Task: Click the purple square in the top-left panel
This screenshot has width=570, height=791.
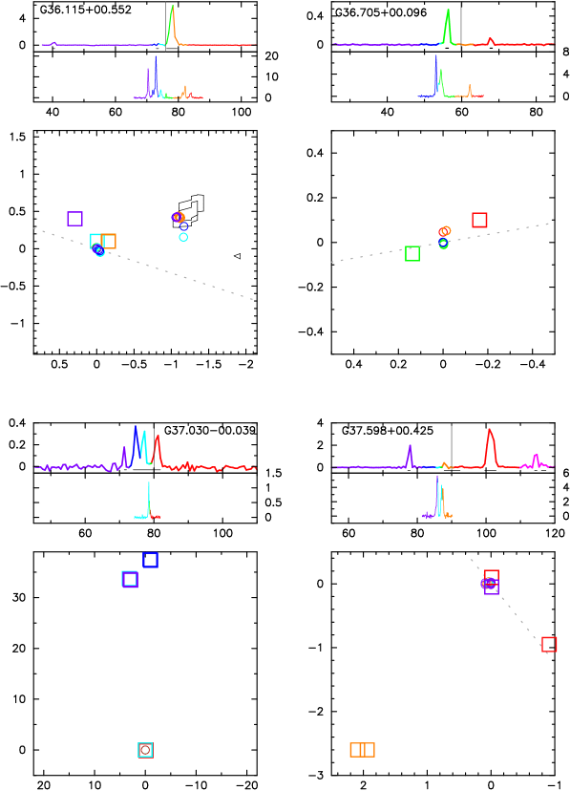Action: click(x=74, y=219)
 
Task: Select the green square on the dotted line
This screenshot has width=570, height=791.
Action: click(x=412, y=253)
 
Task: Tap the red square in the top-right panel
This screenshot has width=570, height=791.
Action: click(x=479, y=220)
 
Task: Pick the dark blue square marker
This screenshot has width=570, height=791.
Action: click(x=150, y=560)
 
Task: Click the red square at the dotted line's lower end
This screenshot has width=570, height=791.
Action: click(x=549, y=645)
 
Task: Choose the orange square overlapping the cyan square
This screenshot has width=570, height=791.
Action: click(x=108, y=242)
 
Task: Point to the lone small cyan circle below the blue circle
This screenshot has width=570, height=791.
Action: click(x=183, y=237)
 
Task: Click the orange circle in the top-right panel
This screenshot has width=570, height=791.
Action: click(x=446, y=230)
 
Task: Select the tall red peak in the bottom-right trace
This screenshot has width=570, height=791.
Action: click(x=490, y=435)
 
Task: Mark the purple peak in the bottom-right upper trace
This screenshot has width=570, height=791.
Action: click(x=410, y=449)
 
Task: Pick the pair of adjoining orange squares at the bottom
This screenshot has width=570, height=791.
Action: click(x=362, y=750)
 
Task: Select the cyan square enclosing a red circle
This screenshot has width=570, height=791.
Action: click(x=145, y=750)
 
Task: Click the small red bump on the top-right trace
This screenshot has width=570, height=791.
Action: click(x=490, y=40)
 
